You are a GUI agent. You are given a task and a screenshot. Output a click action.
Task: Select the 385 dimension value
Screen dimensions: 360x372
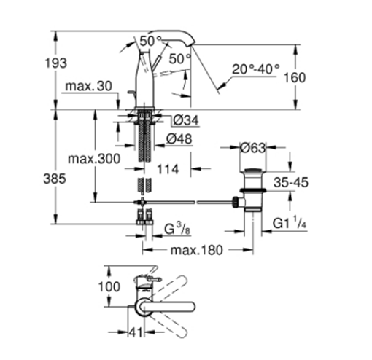click(x=66, y=178)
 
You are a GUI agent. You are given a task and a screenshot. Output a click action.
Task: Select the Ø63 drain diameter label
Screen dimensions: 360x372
click(x=253, y=149)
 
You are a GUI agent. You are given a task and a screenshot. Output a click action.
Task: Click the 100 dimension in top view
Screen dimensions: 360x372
click(x=108, y=286)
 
